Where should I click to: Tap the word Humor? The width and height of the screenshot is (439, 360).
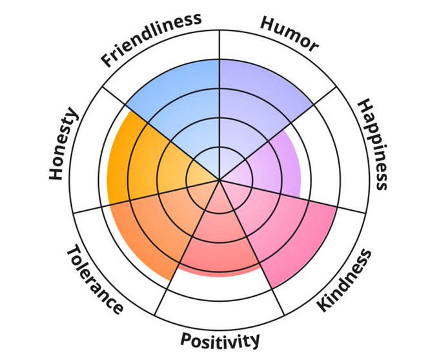click(x=289, y=32)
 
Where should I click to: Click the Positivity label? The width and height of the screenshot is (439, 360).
click(x=220, y=339)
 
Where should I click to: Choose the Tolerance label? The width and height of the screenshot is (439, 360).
click(x=94, y=279)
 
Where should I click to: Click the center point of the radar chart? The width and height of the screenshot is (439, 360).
click(x=220, y=180)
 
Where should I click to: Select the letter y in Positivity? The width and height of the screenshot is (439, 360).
click(x=255, y=341)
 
